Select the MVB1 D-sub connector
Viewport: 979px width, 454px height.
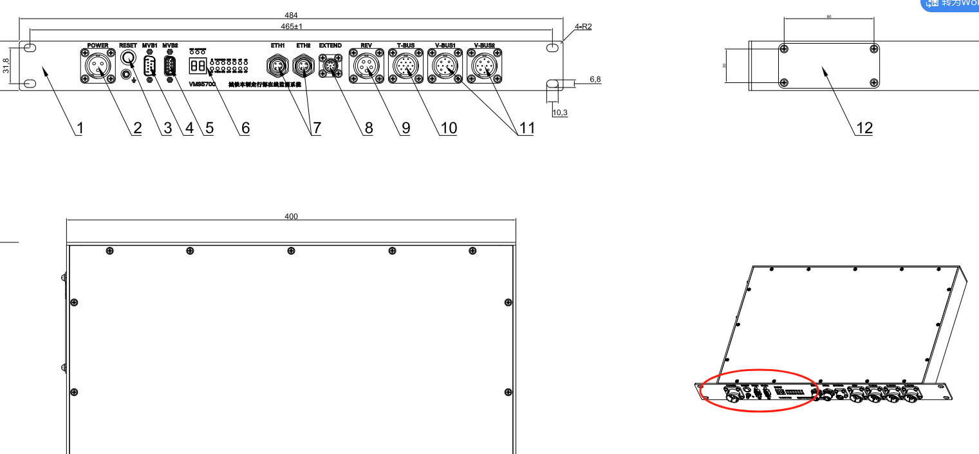[150, 66]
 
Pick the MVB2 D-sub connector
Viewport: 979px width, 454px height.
[170, 66]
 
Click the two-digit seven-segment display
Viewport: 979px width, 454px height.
[197, 66]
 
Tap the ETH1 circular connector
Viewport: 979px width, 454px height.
[277, 66]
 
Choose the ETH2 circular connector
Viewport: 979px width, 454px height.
[303, 66]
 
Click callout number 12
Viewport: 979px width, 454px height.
[864, 128]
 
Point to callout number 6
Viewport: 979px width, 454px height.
[245, 128]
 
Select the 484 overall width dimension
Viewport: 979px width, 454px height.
[291, 15]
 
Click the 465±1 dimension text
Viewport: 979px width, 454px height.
[292, 26]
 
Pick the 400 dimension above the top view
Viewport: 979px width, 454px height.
[291, 217]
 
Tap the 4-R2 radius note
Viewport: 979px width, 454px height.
[583, 27]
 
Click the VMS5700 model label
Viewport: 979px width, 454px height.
[202, 84]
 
